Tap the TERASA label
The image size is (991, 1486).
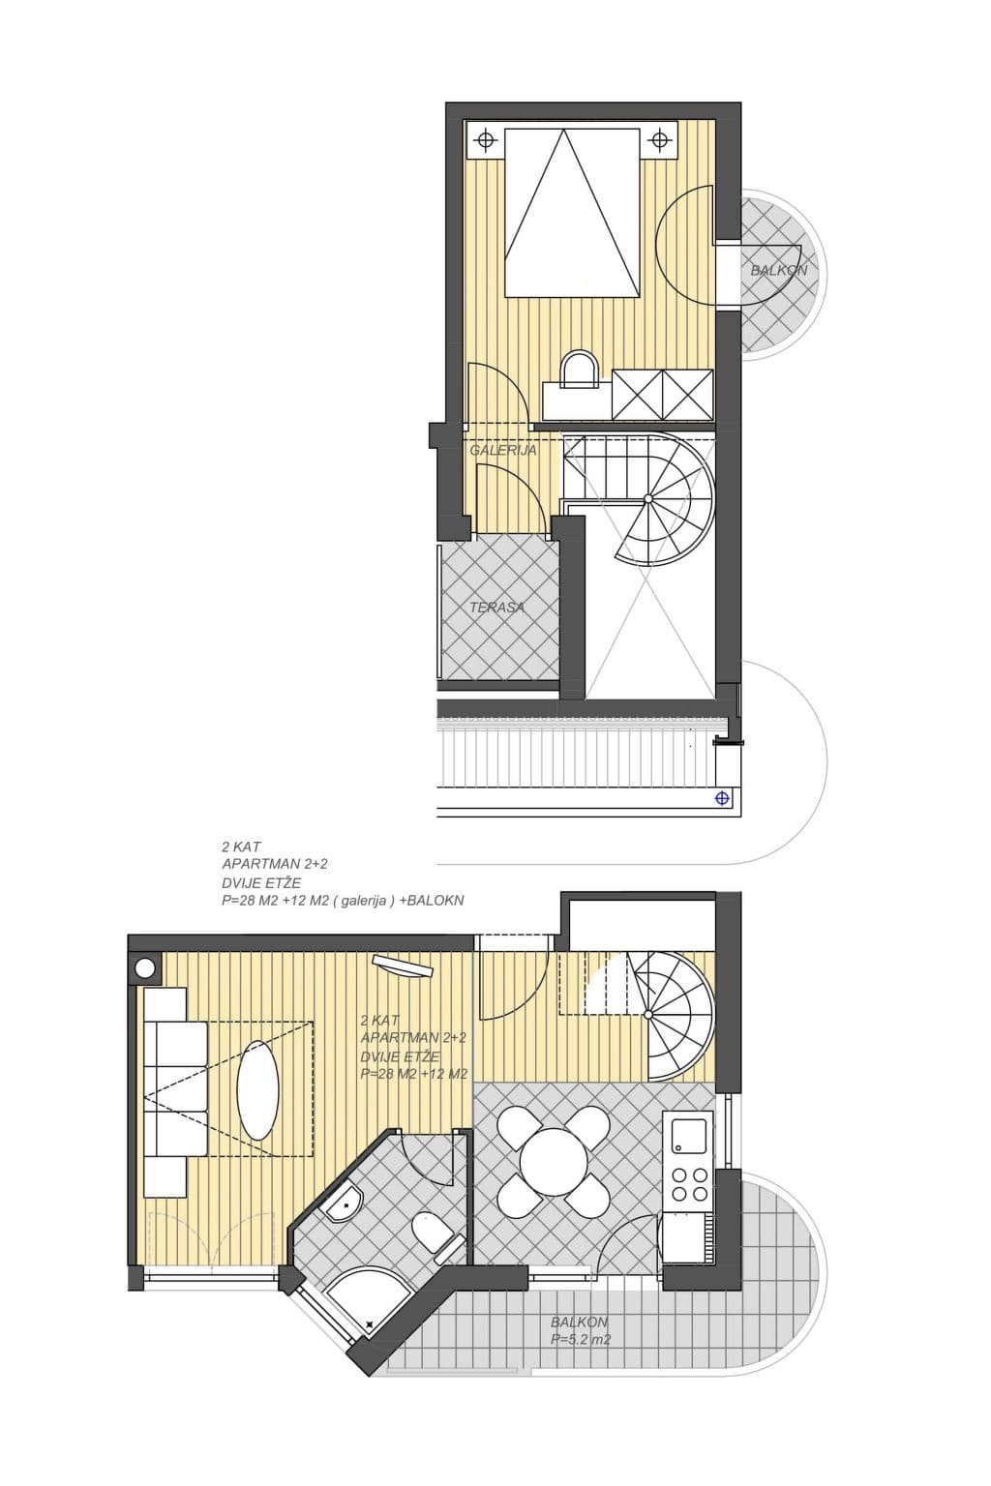(x=496, y=608)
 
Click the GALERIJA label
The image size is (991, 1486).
(x=502, y=450)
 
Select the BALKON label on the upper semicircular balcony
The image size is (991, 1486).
(x=778, y=270)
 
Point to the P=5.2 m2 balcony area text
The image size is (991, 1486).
(x=581, y=1340)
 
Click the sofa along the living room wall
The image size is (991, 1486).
(x=176, y=1092)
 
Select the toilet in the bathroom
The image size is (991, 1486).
(x=434, y=1236)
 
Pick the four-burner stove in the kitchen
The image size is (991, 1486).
(x=688, y=1184)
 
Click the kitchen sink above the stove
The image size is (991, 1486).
(x=689, y=1134)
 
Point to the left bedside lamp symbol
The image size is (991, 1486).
(x=484, y=141)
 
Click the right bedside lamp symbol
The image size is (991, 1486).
(x=660, y=141)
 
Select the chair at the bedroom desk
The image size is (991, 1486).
(x=579, y=367)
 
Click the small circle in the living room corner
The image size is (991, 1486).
(x=145, y=967)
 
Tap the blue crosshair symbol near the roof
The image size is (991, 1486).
(x=721, y=797)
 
